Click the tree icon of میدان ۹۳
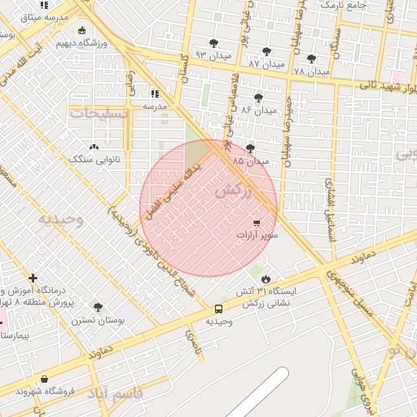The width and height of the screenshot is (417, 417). tap(213, 43)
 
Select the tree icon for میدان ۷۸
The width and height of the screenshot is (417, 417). tap(311, 59)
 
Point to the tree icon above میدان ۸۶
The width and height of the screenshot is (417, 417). tap(259, 98)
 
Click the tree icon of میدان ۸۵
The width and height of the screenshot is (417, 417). tap(249, 148)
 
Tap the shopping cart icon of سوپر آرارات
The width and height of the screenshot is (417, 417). tap(257, 222)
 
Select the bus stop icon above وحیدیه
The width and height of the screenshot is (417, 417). tap(218, 309)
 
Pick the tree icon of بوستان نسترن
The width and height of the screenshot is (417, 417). tap(99, 307)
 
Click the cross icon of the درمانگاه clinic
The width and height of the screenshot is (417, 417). tap(33, 279)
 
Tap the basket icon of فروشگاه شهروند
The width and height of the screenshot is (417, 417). tap(43, 379)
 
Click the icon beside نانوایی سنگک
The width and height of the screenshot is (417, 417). tap(94, 147)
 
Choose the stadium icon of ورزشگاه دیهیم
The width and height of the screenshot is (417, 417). tap(81, 31)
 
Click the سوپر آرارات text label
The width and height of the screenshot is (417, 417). tap(257, 235)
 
